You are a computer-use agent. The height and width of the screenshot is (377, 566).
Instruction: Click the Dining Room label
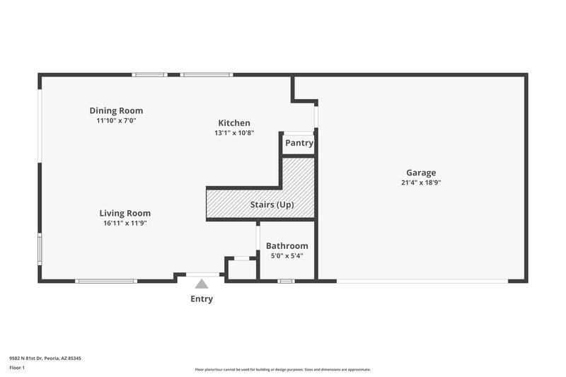pyautogui.click(x=116, y=110)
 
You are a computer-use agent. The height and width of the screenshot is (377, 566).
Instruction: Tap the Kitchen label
pyautogui.click(x=233, y=123)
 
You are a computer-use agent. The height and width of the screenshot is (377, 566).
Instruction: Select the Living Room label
pyautogui.click(x=125, y=213)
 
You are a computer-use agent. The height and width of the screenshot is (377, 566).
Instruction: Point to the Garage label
pyautogui.click(x=421, y=173)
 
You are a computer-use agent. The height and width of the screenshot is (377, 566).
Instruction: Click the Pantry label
pyautogui.click(x=299, y=143)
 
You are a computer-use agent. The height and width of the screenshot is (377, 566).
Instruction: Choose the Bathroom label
pyautogui.click(x=287, y=245)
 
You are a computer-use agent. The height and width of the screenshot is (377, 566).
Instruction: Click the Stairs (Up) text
pyautogui.click(x=272, y=205)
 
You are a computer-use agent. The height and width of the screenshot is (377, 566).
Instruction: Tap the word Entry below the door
pyautogui.click(x=202, y=299)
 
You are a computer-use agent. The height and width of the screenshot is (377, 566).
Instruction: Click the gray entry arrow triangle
pyautogui.click(x=202, y=284)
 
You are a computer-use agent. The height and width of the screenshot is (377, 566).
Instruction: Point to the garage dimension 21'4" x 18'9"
pyautogui.click(x=421, y=182)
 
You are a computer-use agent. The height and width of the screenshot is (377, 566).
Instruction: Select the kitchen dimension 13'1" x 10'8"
pyautogui.click(x=233, y=133)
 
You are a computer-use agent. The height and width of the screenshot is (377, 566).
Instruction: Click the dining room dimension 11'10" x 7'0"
pyautogui.click(x=116, y=120)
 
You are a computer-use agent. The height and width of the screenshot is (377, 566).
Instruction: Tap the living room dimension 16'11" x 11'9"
pyautogui.click(x=125, y=223)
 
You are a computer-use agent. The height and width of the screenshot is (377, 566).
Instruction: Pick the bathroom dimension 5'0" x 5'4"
pyautogui.click(x=287, y=255)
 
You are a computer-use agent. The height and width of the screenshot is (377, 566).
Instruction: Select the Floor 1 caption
pyautogui.click(x=16, y=368)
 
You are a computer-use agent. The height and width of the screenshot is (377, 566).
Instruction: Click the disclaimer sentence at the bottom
pyautogui.click(x=283, y=369)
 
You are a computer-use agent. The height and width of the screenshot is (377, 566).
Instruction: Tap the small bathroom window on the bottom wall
pyautogui.click(x=285, y=281)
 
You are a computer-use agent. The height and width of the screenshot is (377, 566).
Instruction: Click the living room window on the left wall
pyautogui.click(x=40, y=249)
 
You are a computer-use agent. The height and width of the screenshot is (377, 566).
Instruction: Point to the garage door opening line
pyautogui.click(x=422, y=281)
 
